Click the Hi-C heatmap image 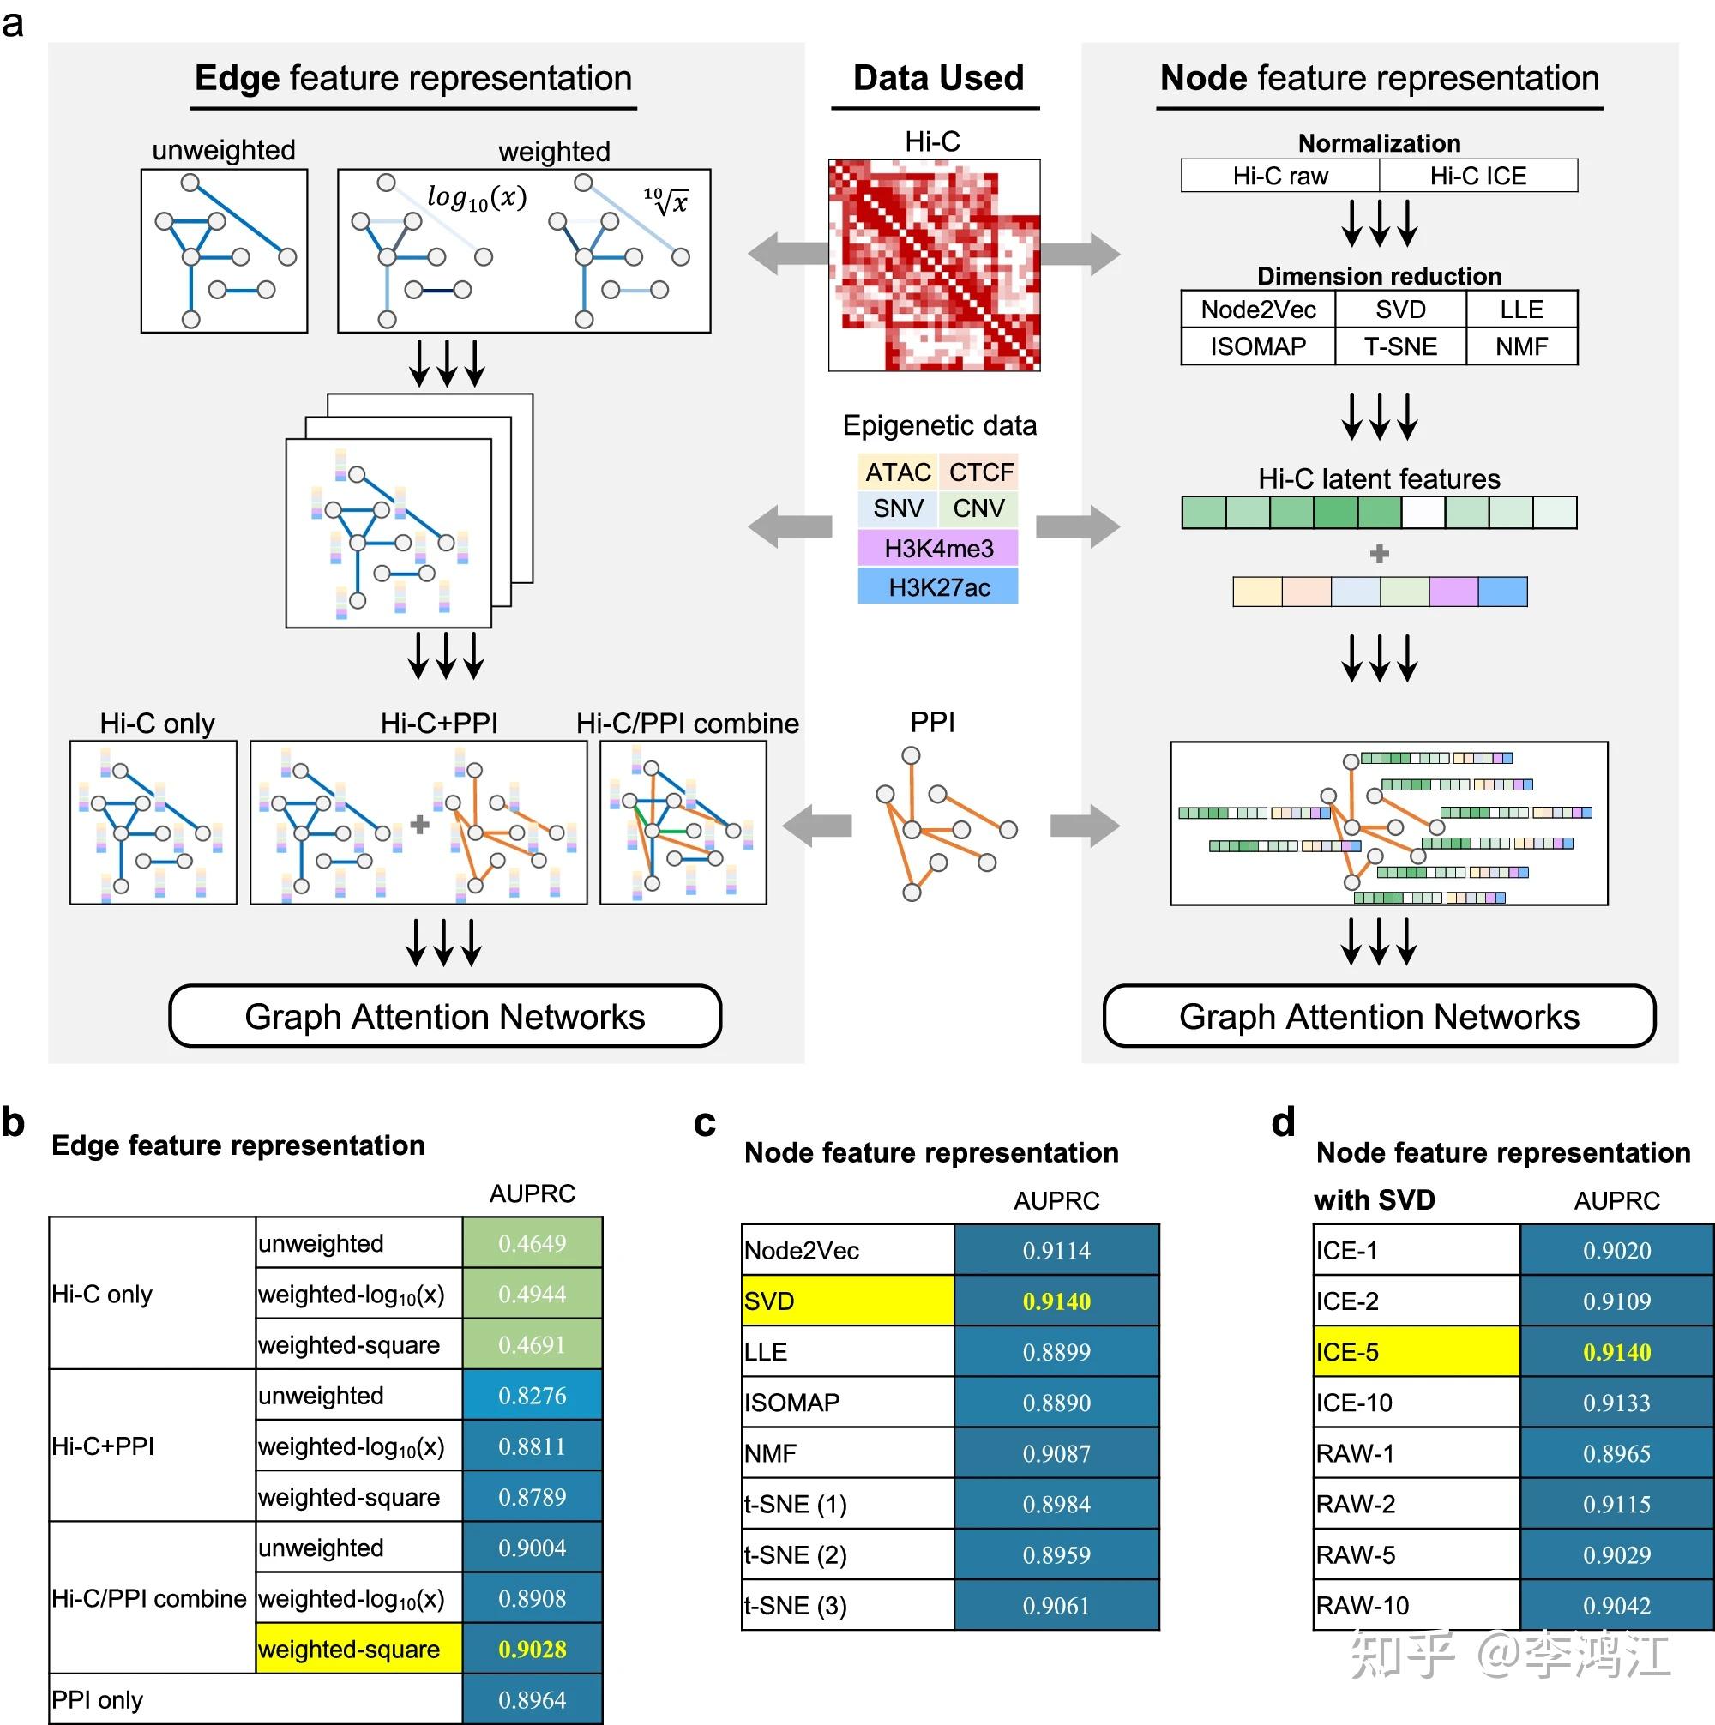click(x=934, y=265)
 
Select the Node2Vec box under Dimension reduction click(x=1258, y=310)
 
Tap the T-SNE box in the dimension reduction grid click(x=1399, y=346)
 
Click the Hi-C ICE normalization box click(x=1477, y=176)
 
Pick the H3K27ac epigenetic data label click(x=938, y=587)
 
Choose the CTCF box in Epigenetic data click(x=980, y=472)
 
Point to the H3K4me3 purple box click(x=938, y=548)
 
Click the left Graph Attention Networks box click(x=445, y=1017)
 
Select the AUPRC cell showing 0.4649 click(x=533, y=1244)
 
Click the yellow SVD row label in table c click(x=848, y=1301)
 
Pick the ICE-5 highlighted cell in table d click(x=1416, y=1353)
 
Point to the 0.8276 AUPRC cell click(x=533, y=1397)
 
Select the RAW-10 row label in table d click(x=1363, y=1606)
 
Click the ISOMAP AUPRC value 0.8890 click(x=1056, y=1403)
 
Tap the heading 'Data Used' click(x=938, y=79)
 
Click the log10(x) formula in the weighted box click(x=476, y=197)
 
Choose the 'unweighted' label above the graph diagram click(x=223, y=150)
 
